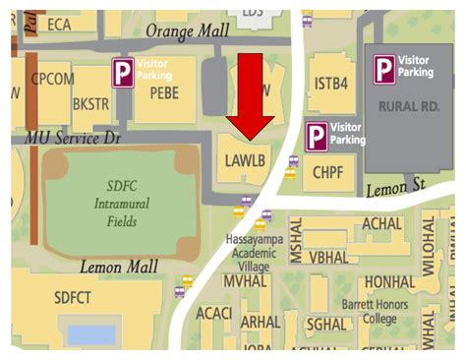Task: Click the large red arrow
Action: point(252,93)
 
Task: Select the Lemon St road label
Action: point(393,185)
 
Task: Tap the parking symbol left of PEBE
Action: point(123,73)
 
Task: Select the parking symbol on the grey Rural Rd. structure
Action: point(381,67)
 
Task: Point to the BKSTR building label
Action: point(90,102)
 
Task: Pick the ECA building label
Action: point(61,25)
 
